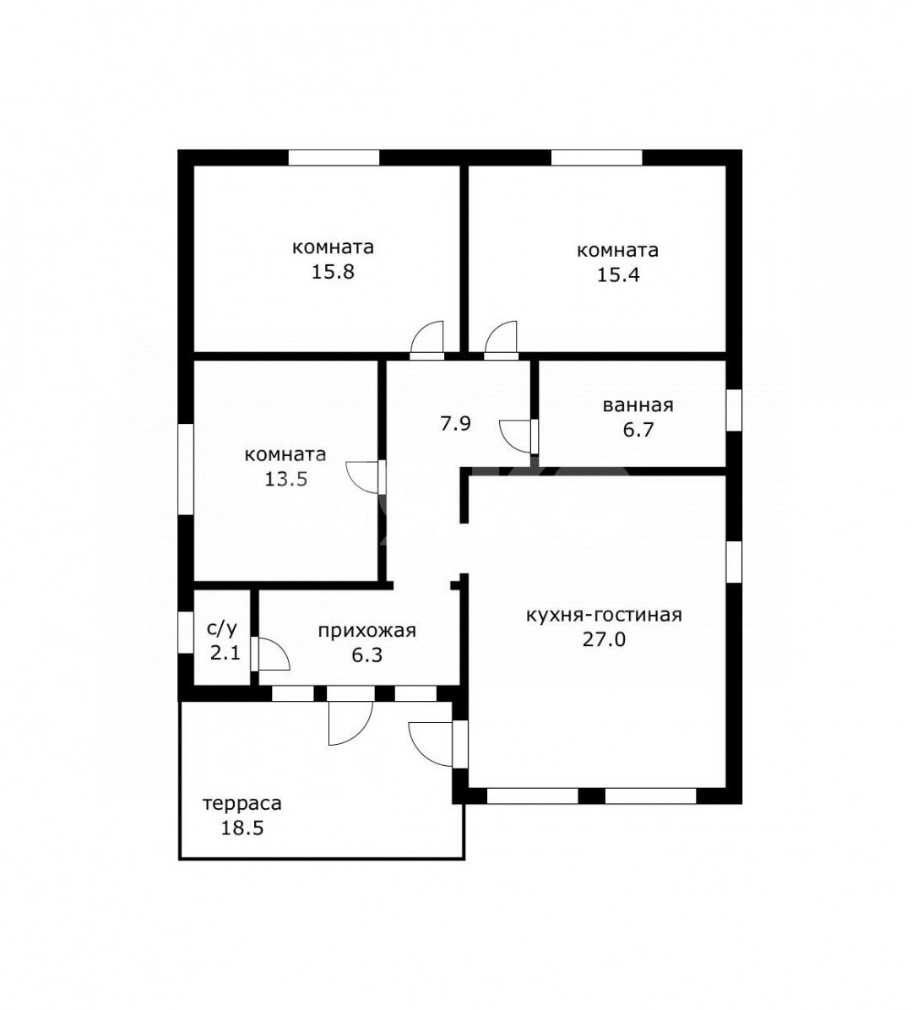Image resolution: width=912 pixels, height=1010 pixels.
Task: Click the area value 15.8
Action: [333, 272]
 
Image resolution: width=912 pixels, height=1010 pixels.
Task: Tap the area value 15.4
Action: [617, 275]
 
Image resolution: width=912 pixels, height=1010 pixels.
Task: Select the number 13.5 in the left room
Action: [286, 479]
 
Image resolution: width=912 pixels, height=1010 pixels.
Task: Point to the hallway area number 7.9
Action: [455, 424]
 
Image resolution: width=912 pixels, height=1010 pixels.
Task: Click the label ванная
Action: [638, 406]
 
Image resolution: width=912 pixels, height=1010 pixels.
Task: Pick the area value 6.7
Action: [638, 429]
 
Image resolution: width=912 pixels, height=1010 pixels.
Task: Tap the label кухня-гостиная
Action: [604, 615]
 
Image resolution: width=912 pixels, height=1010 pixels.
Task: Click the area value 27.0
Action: [604, 639]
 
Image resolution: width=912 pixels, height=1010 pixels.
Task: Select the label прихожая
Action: [367, 631]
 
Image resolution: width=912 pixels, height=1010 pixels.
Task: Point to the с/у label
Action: [221, 628]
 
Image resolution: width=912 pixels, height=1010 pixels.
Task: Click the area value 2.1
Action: [225, 653]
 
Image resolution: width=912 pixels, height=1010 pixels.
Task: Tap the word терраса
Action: [242, 804]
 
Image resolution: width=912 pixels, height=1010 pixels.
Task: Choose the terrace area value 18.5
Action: [243, 828]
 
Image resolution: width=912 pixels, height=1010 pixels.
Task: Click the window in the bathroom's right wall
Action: [734, 410]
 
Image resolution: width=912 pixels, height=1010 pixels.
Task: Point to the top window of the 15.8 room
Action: [334, 158]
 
